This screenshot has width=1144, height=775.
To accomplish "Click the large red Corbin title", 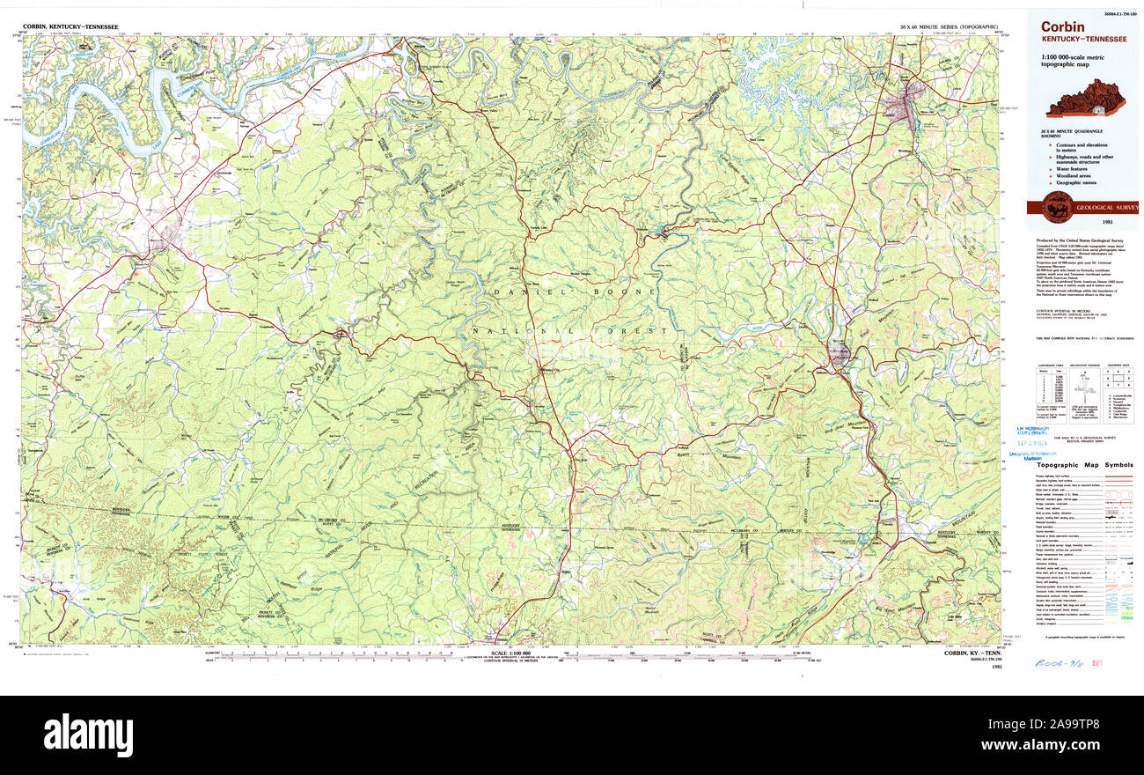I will click(x=1062, y=27).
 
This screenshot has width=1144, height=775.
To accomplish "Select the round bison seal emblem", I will click(x=1057, y=208).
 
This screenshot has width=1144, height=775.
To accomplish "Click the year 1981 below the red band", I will click(x=1132, y=223).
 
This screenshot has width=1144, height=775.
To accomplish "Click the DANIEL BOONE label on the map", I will click(x=574, y=292).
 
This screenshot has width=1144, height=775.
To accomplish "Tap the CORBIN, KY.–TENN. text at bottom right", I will click(x=972, y=653).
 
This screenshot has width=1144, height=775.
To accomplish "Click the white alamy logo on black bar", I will click(x=88, y=734).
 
